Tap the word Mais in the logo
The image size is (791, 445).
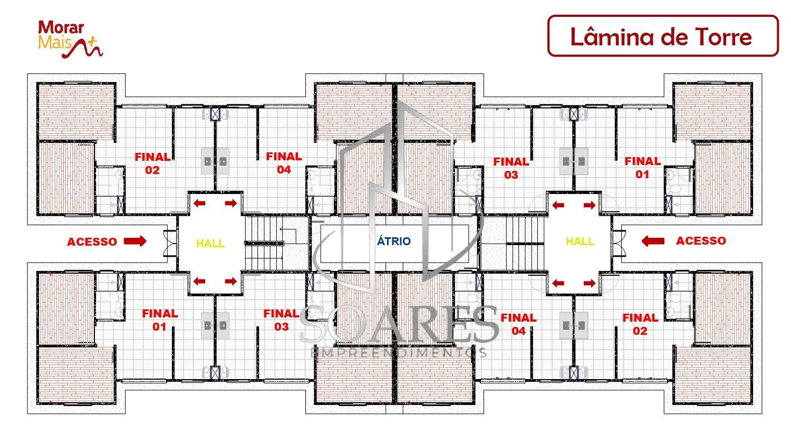[x=51, y=43]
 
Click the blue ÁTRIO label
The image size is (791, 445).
[x=393, y=241]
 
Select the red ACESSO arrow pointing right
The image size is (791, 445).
[x=135, y=241]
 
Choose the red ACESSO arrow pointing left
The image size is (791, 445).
[x=653, y=241]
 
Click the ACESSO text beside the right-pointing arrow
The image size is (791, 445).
[x=92, y=242]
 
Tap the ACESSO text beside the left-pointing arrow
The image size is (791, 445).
[x=701, y=241]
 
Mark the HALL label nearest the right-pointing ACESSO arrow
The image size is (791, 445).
[x=210, y=244]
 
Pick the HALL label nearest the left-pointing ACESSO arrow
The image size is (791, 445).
[x=580, y=241]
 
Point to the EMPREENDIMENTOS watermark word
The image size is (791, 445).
[x=398, y=352]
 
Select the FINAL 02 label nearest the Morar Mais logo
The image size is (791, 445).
[x=152, y=163]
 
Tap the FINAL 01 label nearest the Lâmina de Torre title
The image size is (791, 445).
[x=642, y=168]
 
